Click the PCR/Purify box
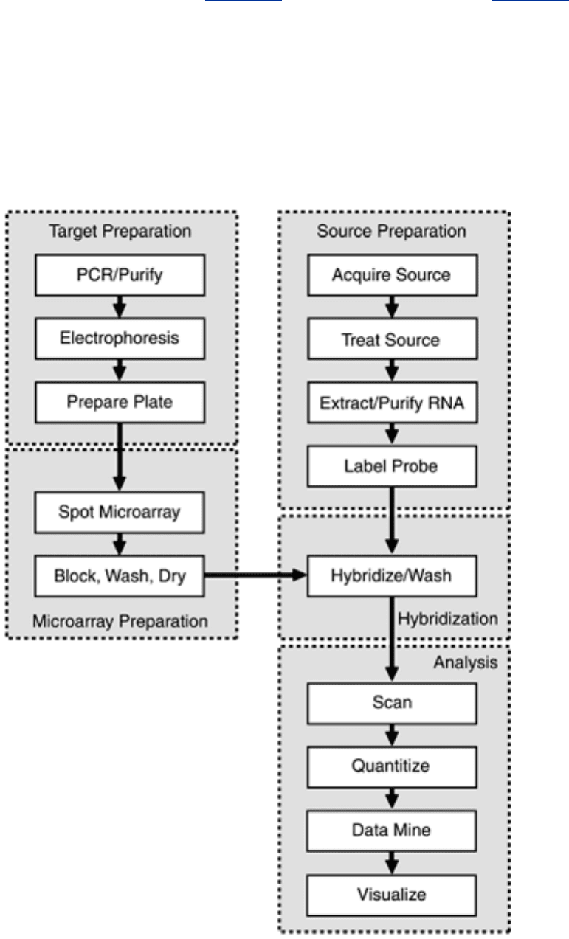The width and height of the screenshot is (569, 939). click(120, 275)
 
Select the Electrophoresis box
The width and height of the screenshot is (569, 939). click(120, 339)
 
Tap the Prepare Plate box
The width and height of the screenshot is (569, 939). click(120, 403)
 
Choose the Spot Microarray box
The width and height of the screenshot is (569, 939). click(120, 513)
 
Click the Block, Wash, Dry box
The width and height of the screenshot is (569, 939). click(120, 576)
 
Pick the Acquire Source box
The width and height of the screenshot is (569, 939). click(393, 275)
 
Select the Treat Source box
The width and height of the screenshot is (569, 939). click(393, 339)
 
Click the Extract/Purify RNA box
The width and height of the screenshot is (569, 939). click(393, 403)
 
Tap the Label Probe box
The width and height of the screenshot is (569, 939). click(392, 467)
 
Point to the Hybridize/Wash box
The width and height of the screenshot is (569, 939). click(392, 576)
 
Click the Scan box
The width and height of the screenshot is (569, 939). click(392, 704)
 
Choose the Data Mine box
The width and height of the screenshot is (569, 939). click(392, 831)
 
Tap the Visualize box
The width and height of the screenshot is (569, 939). click(392, 895)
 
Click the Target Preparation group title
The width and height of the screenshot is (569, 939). click(120, 232)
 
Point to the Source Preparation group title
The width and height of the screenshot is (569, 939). click(392, 232)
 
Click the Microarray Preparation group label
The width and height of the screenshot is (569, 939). click(120, 621)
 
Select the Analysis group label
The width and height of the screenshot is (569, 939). click(466, 662)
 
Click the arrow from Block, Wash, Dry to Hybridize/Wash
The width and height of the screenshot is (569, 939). click(256, 575)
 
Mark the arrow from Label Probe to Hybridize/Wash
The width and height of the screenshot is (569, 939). click(392, 521)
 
